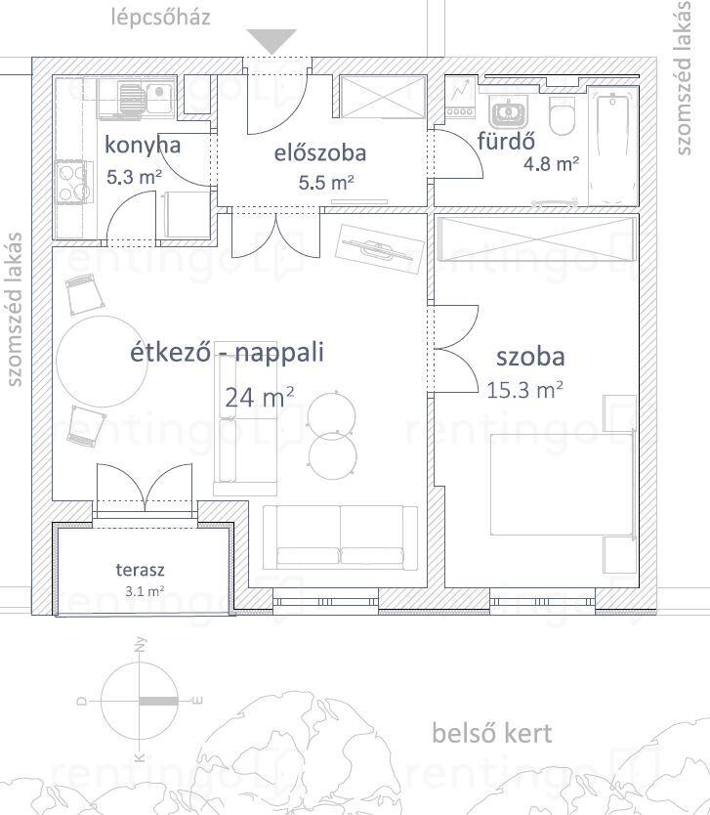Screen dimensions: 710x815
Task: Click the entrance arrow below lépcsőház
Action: [x=271, y=40]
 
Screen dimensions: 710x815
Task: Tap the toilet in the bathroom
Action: [x=562, y=116]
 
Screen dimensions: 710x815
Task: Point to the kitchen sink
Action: [x=147, y=96]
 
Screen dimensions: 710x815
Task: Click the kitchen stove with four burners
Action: [x=71, y=182]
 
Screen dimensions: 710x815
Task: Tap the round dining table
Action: [x=102, y=362]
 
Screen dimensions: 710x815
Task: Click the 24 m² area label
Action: [x=259, y=398]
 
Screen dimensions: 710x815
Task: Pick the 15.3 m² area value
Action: [x=524, y=390]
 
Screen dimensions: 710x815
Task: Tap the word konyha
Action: [x=143, y=145]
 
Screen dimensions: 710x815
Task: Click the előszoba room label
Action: [x=320, y=152]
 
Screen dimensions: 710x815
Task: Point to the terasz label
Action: [x=140, y=570]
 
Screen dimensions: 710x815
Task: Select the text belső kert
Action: [x=492, y=733]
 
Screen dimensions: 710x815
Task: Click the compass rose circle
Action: [x=140, y=701]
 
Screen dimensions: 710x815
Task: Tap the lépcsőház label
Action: [x=161, y=18]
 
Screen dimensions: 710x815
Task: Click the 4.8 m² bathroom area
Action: [x=551, y=164]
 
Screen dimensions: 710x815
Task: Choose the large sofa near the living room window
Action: [x=340, y=536]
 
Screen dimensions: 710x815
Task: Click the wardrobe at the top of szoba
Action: [x=537, y=239]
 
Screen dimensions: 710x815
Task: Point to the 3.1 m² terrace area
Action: [x=145, y=591]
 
